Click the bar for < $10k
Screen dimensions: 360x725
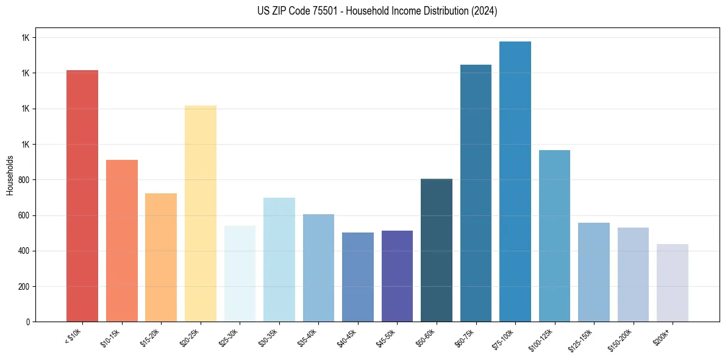pos(82,195)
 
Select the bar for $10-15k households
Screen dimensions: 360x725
pos(122,240)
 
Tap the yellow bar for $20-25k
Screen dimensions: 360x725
pos(201,214)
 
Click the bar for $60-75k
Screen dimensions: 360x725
pos(476,193)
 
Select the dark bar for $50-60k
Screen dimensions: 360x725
pos(437,250)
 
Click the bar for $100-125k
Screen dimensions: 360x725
pos(554,236)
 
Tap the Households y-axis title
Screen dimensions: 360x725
pos(10,175)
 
